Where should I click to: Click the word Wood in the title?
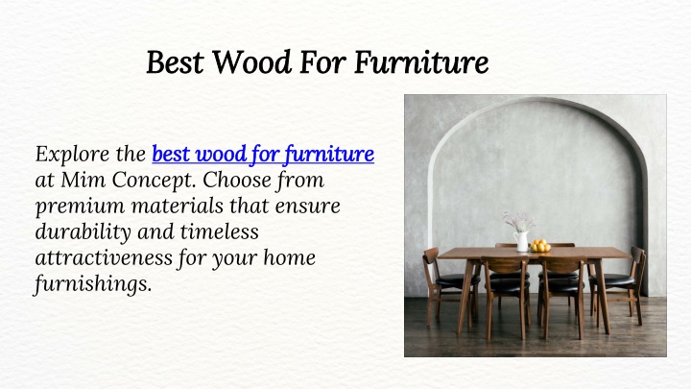tap(252, 61)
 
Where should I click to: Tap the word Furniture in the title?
tap(421, 61)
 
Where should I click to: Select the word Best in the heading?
tap(175, 61)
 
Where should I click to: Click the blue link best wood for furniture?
tap(263, 155)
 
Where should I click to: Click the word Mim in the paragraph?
tap(83, 180)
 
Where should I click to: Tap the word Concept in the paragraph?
tap(155, 181)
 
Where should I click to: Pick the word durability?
tap(83, 232)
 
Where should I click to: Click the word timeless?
tap(219, 231)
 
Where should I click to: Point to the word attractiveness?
tap(104, 258)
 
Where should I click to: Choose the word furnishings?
tap(93, 284)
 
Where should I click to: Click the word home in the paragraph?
tap(290, 257)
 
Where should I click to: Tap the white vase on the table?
tap(522, 241)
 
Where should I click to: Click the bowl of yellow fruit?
tap(540, 246)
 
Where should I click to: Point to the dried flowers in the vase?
tap(519, 221)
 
